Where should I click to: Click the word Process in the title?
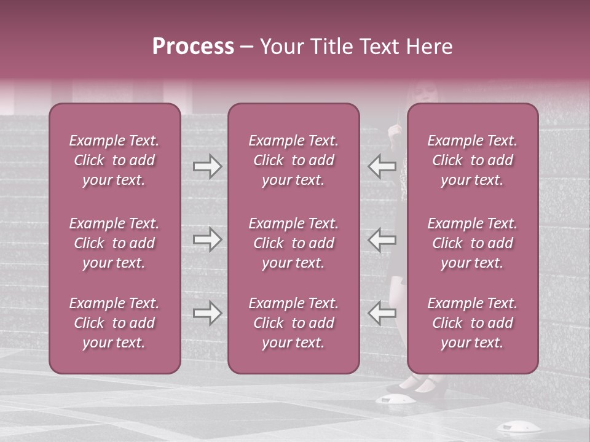[x=193, y=47]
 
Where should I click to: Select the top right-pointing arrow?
[x=207, y=166]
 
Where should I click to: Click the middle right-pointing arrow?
[x=207, y=239]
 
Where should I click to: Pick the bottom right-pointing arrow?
[x=207, y=313]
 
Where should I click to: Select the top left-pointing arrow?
[x=382, y=166]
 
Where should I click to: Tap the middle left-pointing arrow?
[x=382, y=239]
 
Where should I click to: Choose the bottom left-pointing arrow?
[x=382, y=313]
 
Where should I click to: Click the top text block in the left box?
[x=114, y=160]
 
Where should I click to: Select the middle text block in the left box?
[x=114, y=243]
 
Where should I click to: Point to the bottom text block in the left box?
[x=114, y=323]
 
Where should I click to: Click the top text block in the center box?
[x=294, y=160]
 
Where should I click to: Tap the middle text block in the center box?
[x=294, y=243]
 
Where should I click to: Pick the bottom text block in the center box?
[x=294, y=323]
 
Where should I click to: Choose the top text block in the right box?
[x=473, y=160]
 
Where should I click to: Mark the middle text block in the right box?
[x=473, y=243]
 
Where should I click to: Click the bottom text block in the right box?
[x=473, y=323]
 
